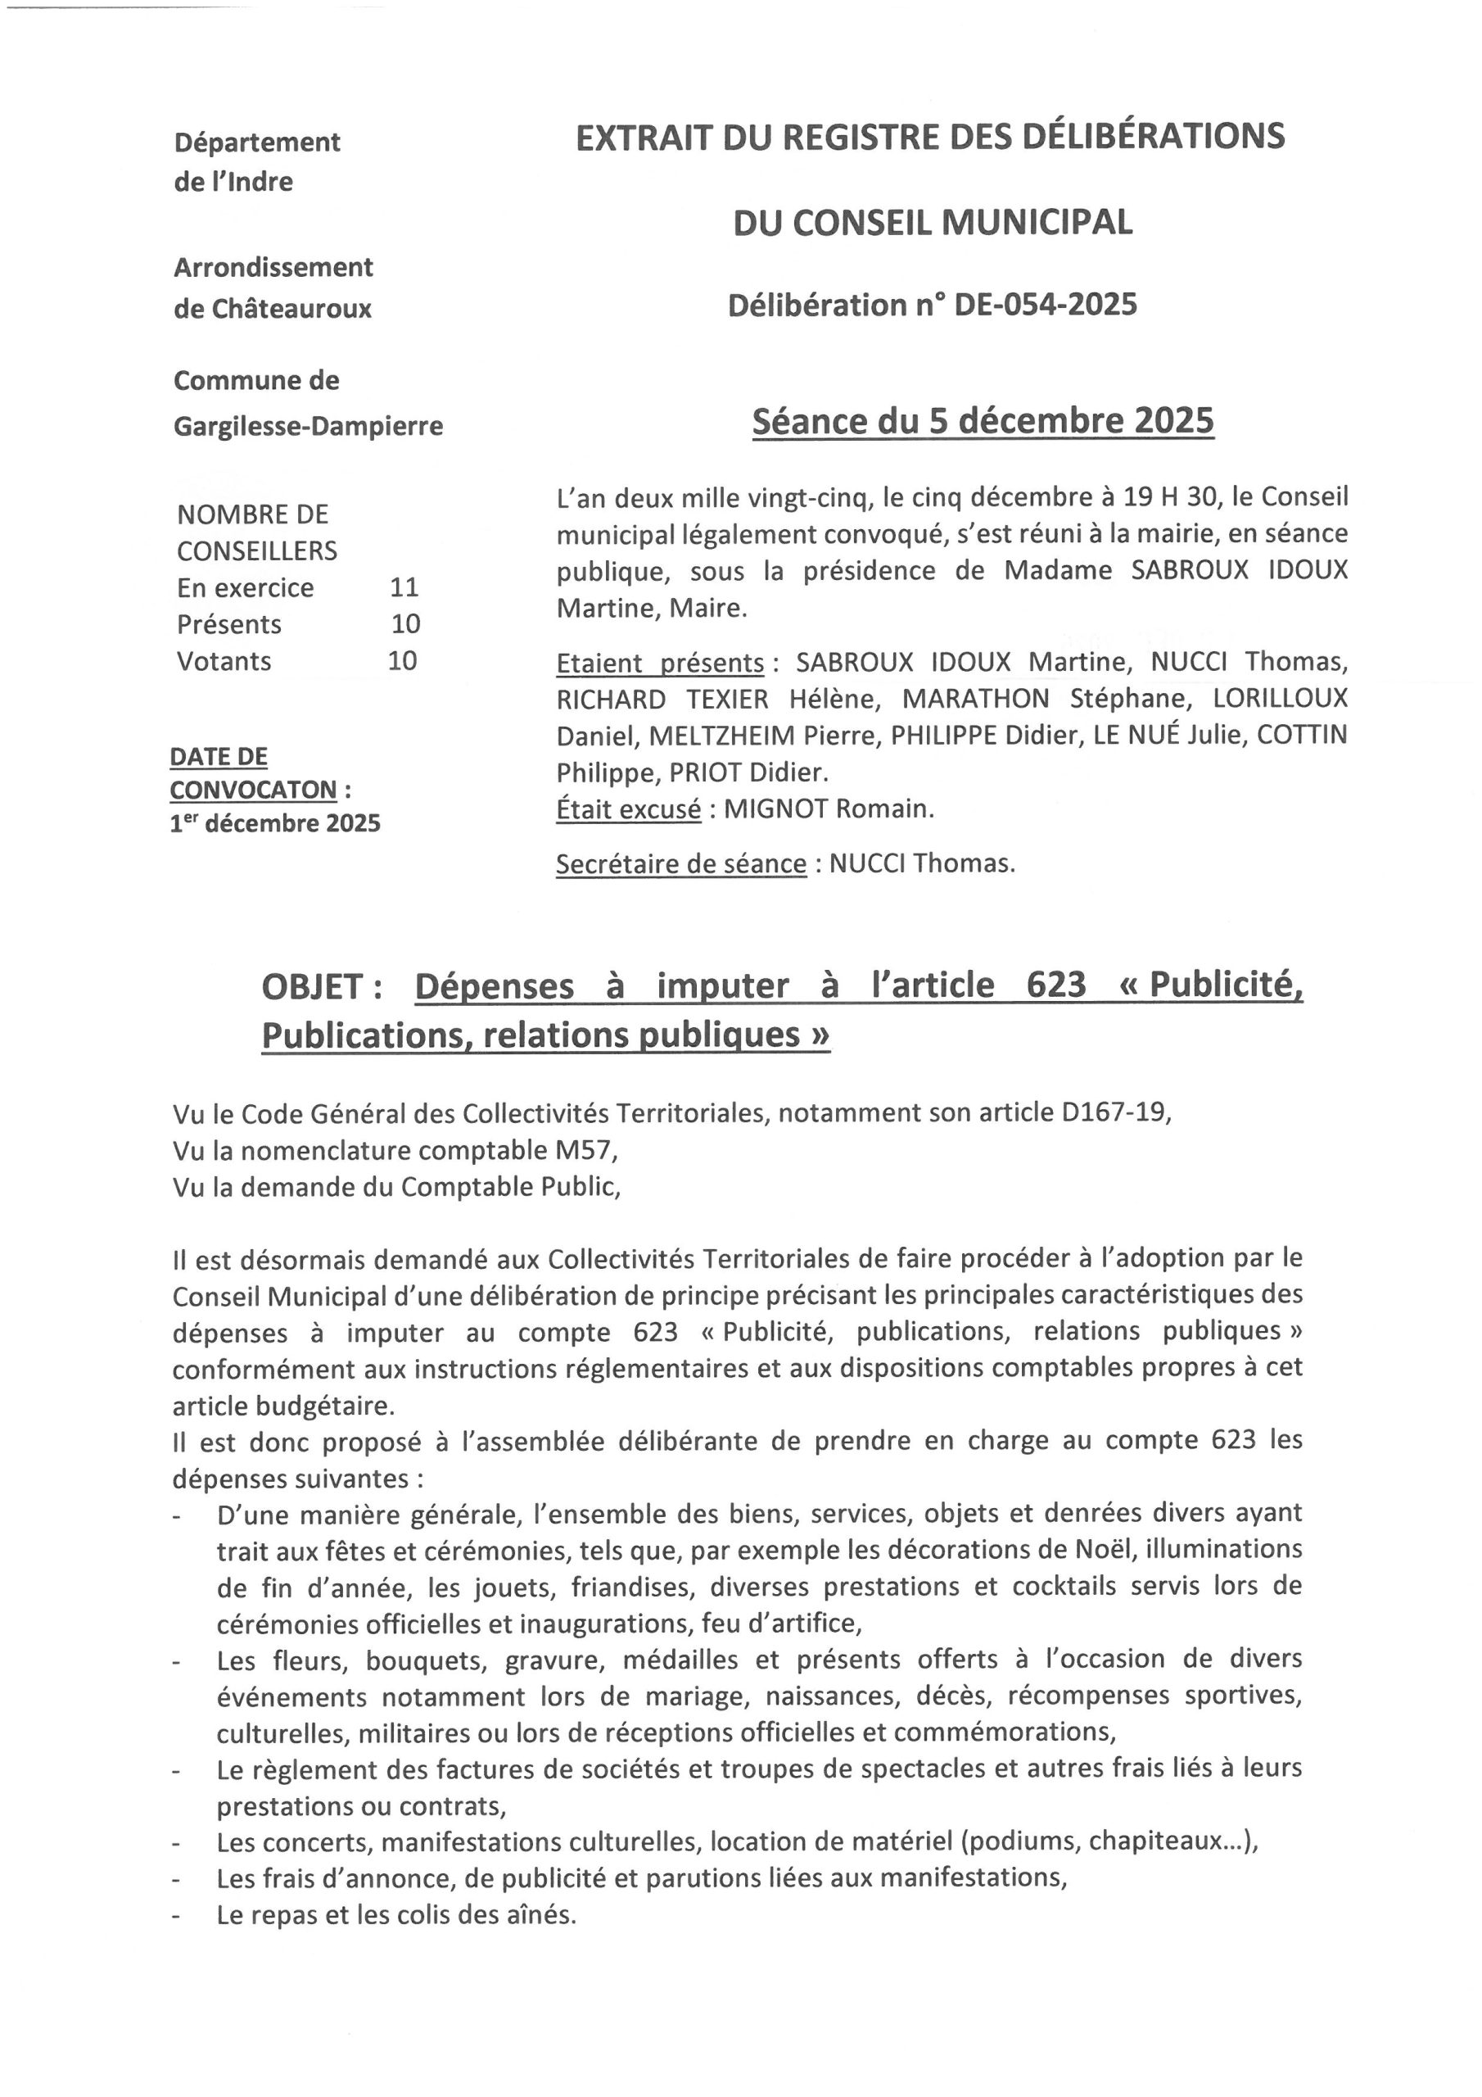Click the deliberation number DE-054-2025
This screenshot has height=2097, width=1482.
click(1045, 305)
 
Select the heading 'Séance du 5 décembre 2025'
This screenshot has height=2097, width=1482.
click(983, 421)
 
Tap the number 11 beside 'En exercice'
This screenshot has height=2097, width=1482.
click(404, 587)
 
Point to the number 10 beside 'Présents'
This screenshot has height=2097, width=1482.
click(405, 624)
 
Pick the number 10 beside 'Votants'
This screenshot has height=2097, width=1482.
click(403, 660)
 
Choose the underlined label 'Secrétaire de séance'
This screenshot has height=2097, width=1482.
click(680, 864)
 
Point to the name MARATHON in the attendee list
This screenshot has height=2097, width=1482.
click(975, 699)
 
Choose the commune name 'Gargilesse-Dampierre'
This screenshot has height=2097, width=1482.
click(308, 426)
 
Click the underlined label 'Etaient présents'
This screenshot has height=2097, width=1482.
click(659, 662)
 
